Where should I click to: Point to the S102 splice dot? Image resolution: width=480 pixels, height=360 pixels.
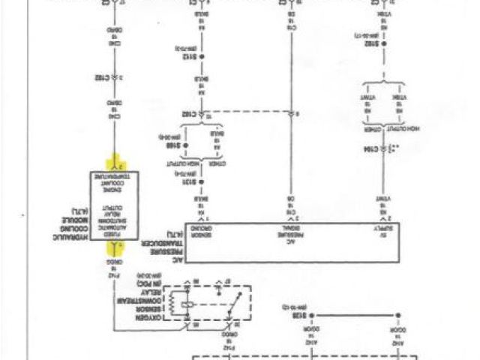click(384, 43)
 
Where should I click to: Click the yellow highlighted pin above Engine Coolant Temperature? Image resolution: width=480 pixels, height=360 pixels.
click(116, 163)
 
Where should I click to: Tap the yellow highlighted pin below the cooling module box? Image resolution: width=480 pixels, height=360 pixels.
click(116, 248)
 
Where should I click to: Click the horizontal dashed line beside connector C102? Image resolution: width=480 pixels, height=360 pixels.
click(247, 114)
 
